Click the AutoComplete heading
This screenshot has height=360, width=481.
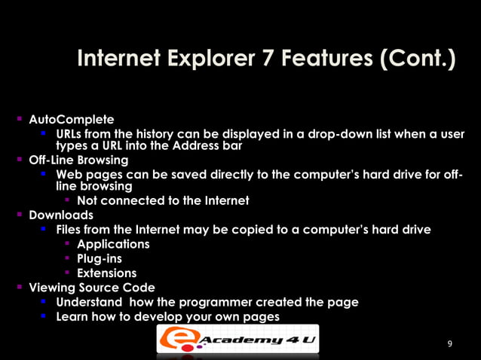tap(72, 120)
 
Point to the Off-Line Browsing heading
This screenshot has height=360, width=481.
tap(78, 160)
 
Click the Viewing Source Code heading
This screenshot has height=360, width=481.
tap(92, 288)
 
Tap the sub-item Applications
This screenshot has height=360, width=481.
tap(113, 245)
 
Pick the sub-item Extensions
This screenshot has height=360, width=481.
tap(107, 273)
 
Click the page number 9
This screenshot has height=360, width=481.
tap(450, 344)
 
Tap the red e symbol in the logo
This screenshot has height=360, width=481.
tap(176, 340)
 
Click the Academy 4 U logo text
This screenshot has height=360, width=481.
tap(256, 341)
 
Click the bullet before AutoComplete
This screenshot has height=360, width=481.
tap(18, 120)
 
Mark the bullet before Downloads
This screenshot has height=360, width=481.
tap(18, 215)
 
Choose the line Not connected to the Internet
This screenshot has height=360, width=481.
tap(163, 201)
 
